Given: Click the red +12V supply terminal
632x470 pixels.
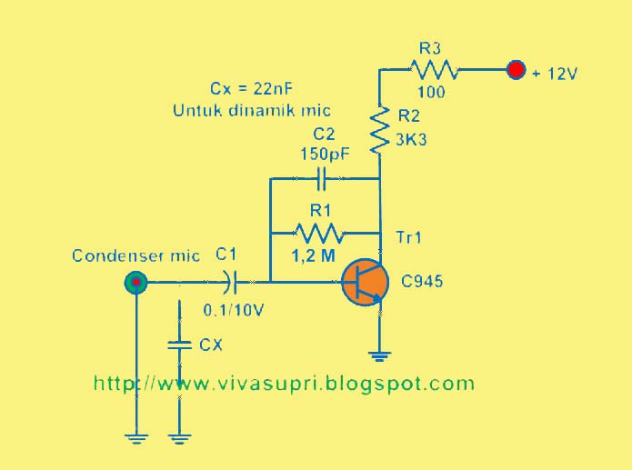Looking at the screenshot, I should [517, 69].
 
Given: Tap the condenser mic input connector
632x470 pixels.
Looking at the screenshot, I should [136, 284].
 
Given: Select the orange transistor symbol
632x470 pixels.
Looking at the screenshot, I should [366, 283].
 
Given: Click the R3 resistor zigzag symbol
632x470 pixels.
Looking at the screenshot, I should [435, 69].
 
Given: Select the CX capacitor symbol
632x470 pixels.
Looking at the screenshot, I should [181, 344].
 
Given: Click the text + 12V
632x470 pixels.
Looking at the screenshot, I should [557, 73].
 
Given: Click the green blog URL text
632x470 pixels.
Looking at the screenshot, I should [284, 384].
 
